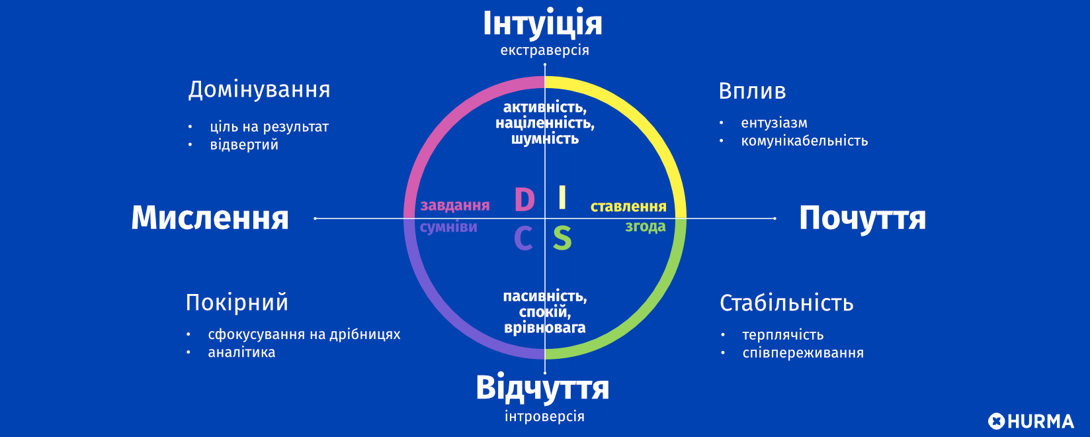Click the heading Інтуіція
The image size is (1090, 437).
542,24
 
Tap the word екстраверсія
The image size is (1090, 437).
544,50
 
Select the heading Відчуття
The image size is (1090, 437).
542,388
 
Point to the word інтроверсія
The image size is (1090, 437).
544,416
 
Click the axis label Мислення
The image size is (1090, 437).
210,218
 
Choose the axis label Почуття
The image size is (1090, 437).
862,218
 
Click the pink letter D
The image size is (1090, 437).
524,200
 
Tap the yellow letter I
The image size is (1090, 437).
562,197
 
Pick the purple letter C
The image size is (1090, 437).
523,239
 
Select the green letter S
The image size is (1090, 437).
562,238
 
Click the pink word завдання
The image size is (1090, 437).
455,206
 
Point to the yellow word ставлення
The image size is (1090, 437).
628,207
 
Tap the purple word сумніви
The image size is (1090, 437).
448,227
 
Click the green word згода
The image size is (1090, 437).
646,226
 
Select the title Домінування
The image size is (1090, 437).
259,89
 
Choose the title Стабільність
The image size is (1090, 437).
786,303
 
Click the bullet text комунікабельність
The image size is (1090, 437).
804,141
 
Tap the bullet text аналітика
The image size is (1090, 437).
241,352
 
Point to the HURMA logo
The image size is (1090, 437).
1030,421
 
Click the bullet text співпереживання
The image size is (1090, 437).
803,353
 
